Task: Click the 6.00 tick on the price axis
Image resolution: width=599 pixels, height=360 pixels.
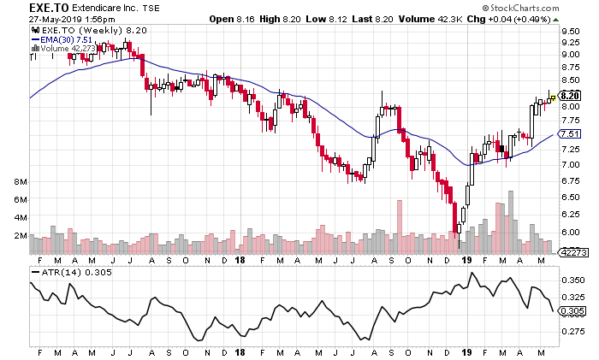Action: tap(570, 232)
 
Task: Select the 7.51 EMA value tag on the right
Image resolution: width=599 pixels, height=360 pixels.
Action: tap(570, 134)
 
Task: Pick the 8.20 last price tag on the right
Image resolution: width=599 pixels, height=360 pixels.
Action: tap(570, 95)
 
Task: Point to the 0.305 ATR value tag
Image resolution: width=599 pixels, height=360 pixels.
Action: tap(572, 311)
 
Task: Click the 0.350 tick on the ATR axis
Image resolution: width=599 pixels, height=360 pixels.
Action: tap(572, 280)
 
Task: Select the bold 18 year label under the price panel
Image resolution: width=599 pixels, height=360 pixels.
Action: tap(240, 260)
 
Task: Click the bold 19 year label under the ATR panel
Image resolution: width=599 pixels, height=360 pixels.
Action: tap(467, 352)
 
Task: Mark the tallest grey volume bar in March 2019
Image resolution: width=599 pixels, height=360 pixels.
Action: tap(511, 222)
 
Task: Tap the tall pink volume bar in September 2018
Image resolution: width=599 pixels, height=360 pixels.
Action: tap(398, 227)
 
